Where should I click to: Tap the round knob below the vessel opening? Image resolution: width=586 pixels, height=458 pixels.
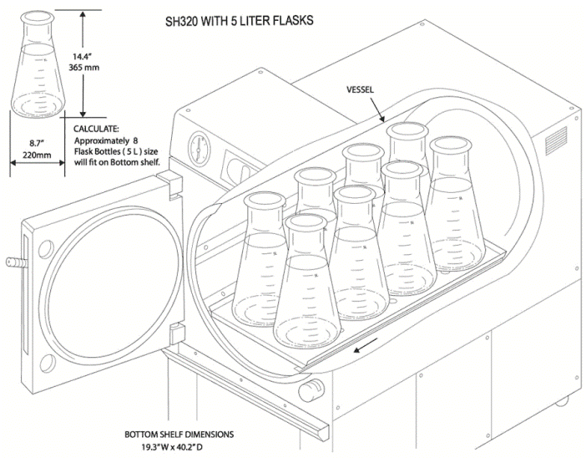click(314, 387)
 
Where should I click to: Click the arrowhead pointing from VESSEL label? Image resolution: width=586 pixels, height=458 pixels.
click(381, 119)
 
